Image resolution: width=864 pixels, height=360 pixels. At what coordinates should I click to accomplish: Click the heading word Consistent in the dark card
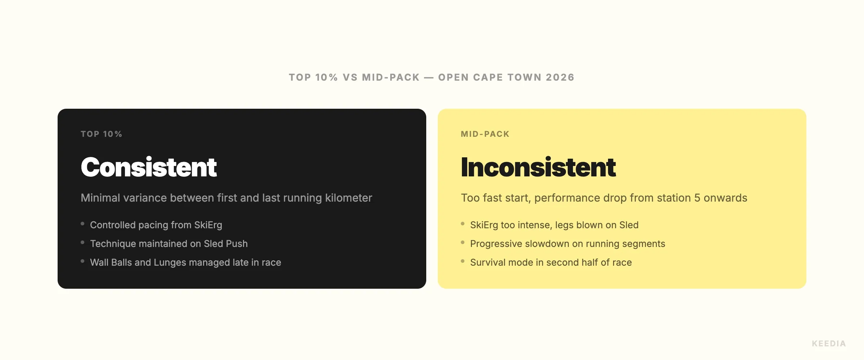coord(149,167)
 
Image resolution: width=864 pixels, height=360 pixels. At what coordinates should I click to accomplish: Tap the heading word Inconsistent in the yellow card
coord(538,167)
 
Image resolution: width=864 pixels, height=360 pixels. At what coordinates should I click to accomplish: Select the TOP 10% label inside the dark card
coord(101,134)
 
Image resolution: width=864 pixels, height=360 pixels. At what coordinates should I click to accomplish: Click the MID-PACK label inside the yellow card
coord(485,134)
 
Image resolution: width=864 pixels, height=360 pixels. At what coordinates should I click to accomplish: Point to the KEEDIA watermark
coord(829,343)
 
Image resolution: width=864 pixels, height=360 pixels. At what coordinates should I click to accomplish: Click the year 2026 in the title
coord(560,77)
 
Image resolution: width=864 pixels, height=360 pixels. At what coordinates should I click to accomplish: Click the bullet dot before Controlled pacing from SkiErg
coord(82,224)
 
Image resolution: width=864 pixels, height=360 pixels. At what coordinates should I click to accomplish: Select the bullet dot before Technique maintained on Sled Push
coord(82,242)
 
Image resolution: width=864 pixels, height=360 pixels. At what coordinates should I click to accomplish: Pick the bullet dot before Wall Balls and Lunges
coord(82,261)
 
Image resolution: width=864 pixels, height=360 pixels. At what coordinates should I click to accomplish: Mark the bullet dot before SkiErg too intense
coord(463,224)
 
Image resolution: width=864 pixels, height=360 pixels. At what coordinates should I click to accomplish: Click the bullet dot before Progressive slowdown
coord(463,242)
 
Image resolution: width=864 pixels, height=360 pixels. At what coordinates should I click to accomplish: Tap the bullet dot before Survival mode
coord(463,261)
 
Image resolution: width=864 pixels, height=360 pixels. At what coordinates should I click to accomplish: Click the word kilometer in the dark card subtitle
coord(348,198)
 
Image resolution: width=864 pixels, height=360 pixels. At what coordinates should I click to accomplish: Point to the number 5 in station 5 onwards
coord(697,198)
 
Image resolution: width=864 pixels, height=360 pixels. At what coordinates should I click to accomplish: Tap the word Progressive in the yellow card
coord(496,244)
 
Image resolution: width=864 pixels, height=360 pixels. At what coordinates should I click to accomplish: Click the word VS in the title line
coord(350,77)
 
